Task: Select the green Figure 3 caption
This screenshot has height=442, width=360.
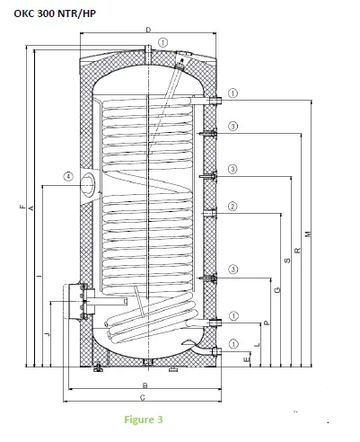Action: coord(143,419)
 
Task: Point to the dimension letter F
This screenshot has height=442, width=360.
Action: coord(22,208)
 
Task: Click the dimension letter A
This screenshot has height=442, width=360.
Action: coord(31,208)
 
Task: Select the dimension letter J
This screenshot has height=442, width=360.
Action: coord(48,332)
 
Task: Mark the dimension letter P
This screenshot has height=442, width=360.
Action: coord(267,322)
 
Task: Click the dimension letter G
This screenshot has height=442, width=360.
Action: coord(277,289)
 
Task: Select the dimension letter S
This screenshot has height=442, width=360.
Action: coord(286,261)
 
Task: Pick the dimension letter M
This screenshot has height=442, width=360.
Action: coord(307,234)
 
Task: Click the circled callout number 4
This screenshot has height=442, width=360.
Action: coord(68,177)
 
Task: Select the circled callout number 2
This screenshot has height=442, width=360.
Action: coord(233,207)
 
